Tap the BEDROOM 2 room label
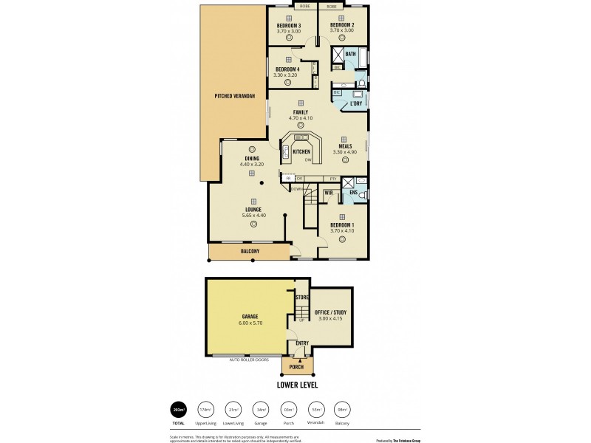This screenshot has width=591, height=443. [342, 25]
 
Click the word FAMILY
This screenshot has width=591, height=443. [301, 112]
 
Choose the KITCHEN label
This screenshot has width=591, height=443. [301, 152]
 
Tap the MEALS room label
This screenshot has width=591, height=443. [345, 145]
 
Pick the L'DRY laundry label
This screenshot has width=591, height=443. [355, 104]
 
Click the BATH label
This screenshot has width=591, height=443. [350, 54]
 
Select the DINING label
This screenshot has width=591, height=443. [252, 158]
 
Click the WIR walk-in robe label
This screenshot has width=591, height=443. [328, 193]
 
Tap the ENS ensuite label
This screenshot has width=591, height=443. [353, 193]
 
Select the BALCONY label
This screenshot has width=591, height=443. [250, 252]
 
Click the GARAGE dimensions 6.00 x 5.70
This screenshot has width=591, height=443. [250, 323]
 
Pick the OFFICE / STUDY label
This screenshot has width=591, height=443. [330, 312]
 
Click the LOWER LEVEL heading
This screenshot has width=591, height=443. [298, 385]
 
